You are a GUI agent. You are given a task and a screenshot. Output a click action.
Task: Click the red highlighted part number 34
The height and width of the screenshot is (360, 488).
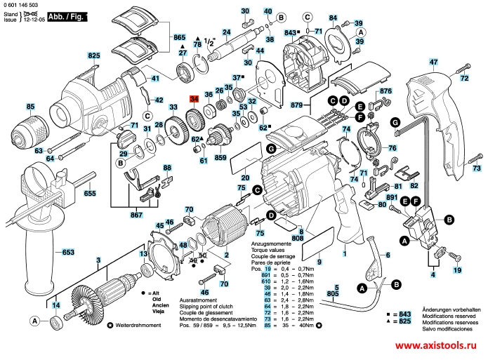click(194, 100)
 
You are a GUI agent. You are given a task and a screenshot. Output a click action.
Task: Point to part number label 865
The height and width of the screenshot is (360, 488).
click(178, 36)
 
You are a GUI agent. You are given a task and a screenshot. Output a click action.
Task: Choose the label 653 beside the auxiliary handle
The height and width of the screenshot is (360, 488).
click(67, 252)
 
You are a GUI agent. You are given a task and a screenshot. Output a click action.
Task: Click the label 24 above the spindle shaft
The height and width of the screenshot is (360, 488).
click(226, 32)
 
